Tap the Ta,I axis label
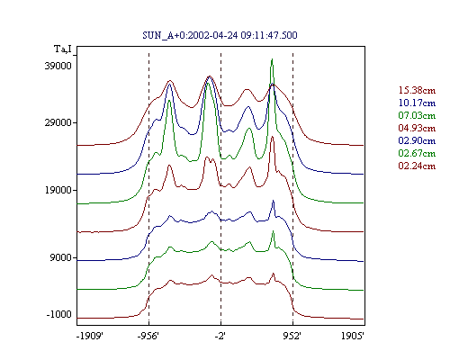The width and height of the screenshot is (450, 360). pos(63,49)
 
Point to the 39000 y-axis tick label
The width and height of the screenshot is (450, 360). pos(58,66)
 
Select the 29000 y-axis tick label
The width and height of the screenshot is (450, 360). pos(58,122)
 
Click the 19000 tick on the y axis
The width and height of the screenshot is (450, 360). pos(58,190)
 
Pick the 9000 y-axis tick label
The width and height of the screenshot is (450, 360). pos(60,257)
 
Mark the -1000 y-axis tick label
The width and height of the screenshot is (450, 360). pos(58,314)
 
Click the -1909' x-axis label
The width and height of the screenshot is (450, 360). pos(90,336)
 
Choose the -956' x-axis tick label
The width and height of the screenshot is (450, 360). pos(148,336)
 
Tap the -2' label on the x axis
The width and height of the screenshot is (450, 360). pos(220,336)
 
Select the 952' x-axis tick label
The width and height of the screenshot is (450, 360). pos(292,336)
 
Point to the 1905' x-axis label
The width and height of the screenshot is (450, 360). pos(353,336)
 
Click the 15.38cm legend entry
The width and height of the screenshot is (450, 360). pos(417,90)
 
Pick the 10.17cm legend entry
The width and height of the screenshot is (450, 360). pos(417,103)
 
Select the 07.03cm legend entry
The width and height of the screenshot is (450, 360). pos(417,115)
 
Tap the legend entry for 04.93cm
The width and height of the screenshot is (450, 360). pos(417,128)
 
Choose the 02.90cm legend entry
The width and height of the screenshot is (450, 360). pos(417,140)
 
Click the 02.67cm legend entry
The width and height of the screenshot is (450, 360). pos(417,153)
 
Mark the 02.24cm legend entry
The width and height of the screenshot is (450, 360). pos(417,166)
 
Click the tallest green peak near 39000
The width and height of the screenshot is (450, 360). pos(272,59)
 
